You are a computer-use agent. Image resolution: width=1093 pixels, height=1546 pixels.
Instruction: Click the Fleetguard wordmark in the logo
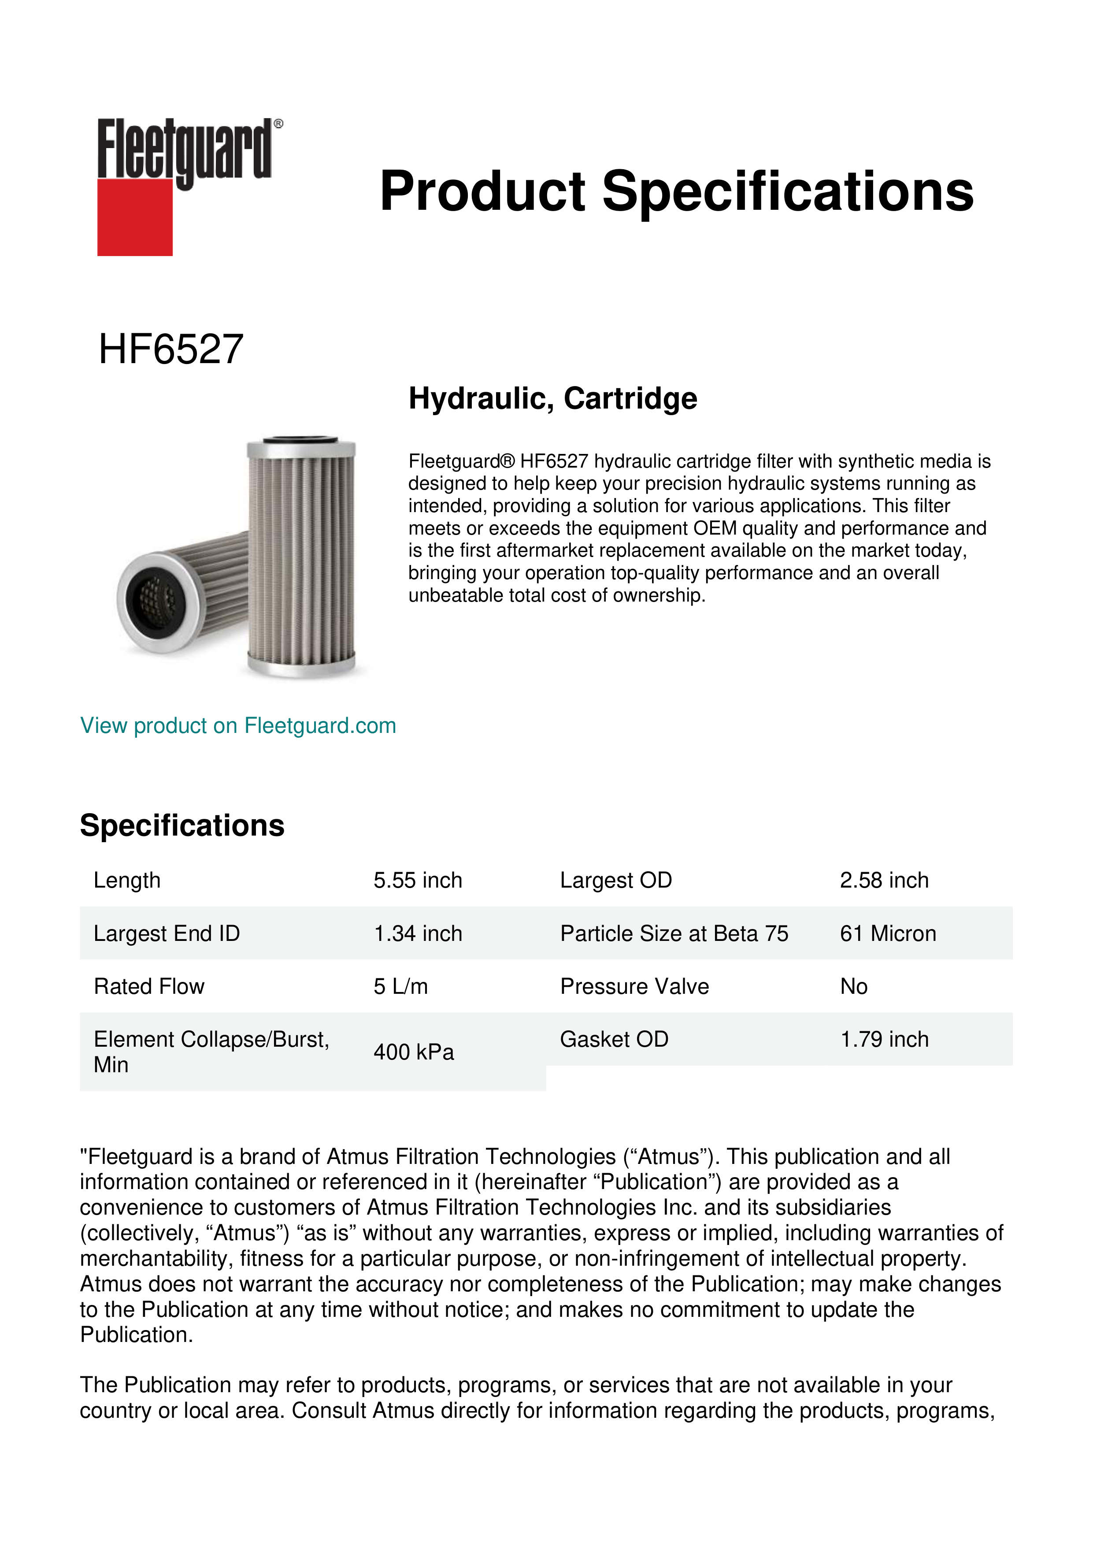tap(185, 149)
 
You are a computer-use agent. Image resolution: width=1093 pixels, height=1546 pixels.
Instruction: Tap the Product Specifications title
tap(676, 191)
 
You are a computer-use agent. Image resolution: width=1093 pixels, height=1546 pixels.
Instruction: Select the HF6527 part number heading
tap(171, 349)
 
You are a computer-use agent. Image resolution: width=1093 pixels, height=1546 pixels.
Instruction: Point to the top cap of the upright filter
tap(301, 446)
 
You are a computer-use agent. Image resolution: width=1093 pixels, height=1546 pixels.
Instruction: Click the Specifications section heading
tap(182, 825)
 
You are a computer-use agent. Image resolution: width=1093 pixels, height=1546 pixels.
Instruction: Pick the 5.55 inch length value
tap(418, 880)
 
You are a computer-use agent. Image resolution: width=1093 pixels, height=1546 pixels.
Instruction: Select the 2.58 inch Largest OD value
tap(884, 880)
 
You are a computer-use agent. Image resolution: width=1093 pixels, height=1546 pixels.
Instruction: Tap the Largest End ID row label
tap(167, 933)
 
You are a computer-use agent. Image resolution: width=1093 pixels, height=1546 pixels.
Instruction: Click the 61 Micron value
tap(888, 933)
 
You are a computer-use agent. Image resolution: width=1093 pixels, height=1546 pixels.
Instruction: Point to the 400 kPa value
tap(414, 1052)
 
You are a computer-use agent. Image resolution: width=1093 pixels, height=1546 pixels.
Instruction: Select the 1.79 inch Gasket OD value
tap(884, 1039)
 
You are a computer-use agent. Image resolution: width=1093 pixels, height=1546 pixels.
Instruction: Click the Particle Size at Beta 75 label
tap(674, 933)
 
